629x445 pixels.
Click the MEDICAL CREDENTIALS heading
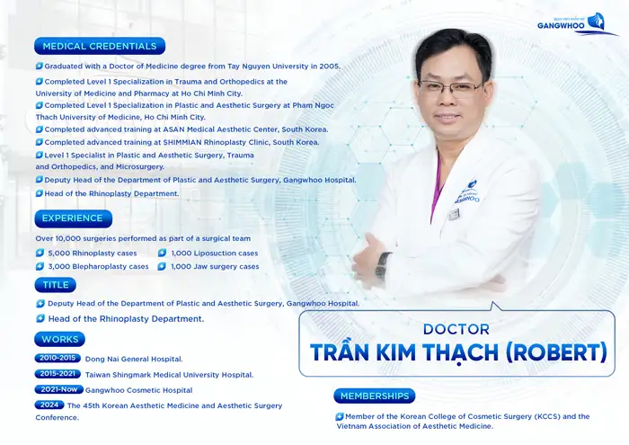(99, 46)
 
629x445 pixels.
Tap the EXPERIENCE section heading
(73, 218)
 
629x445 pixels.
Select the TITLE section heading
(56, 285)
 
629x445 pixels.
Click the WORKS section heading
(60, 340)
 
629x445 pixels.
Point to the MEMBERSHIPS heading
(374, 396)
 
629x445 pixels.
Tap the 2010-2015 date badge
(57, 358)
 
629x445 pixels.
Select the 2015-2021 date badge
(57, 374)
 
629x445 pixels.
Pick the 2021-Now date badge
(59, 390)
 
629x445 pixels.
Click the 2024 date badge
(49, 405)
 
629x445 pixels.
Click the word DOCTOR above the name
(456, 329)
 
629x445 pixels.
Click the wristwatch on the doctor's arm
(383, 264)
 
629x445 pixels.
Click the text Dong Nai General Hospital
(134, 359)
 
